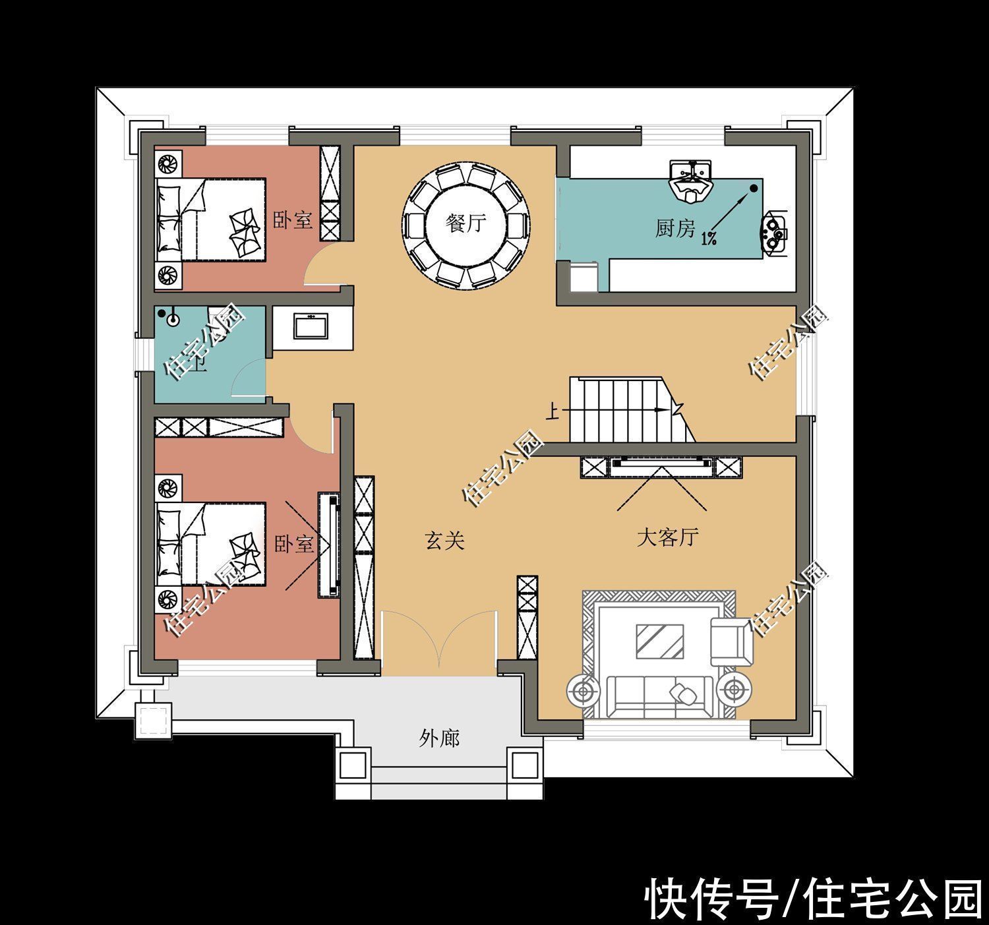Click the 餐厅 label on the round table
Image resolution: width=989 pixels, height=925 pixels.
[x=466, y=224]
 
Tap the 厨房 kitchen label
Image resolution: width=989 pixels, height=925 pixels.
[x=674, y=229]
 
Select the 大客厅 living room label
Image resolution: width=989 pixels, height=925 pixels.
[x=667, y=538]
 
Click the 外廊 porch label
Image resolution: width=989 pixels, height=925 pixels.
[x=439, y=738]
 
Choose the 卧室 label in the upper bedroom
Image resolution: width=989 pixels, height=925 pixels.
[x=293, y=220]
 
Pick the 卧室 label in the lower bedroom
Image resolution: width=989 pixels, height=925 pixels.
[x=293, y=545]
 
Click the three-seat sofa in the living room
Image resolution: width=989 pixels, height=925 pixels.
[x=659, y=695]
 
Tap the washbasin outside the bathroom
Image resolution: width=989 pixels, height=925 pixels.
[x=310, y=326]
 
